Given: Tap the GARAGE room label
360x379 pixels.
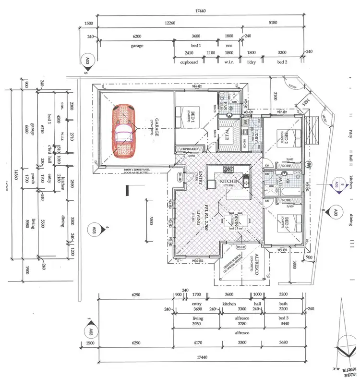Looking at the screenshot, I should tap(155, 127).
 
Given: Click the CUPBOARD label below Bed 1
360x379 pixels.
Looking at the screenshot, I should tap(189, 149).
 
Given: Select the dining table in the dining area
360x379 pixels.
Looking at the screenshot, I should tap(237, 221).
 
